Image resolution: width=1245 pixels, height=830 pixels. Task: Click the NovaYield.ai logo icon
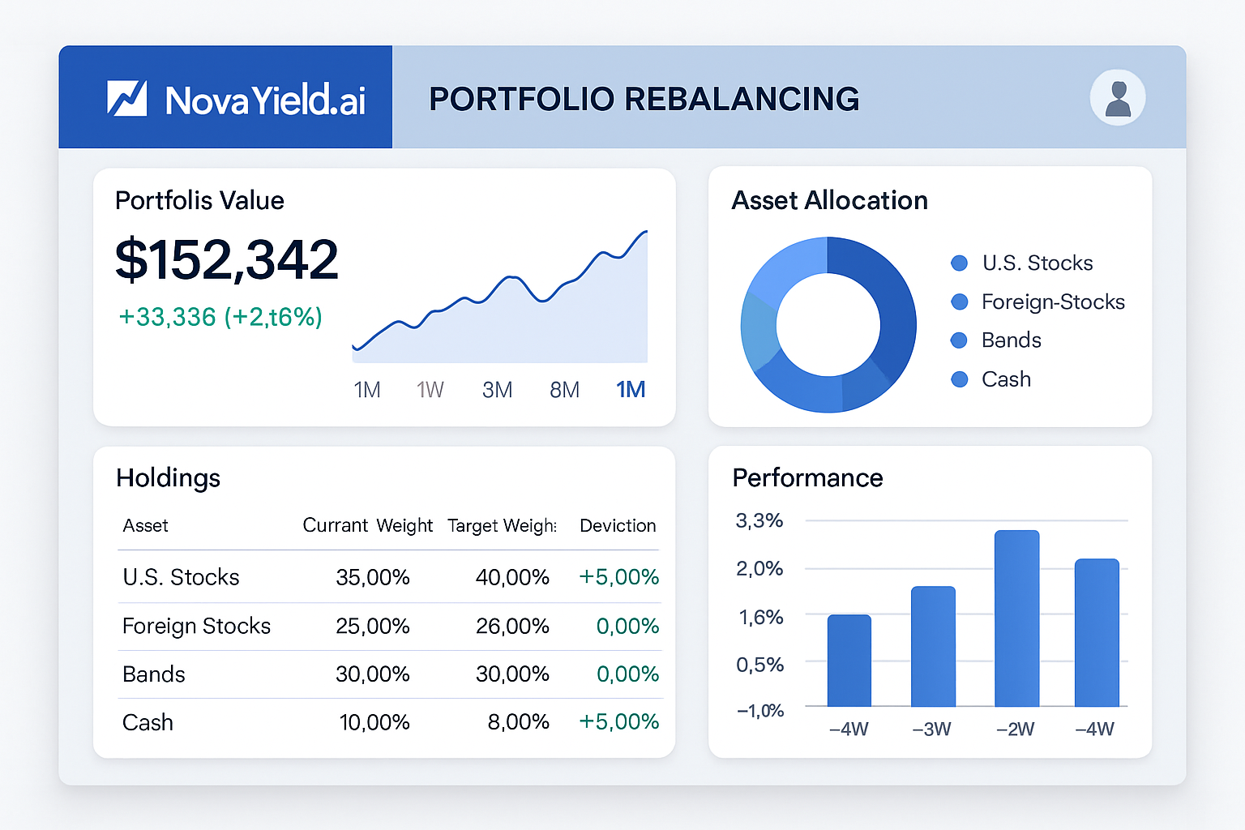[x=127, y=98]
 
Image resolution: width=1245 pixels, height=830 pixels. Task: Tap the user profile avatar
[x=1118, y=98]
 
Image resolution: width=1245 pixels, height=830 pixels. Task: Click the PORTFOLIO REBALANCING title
[x=644, y=99]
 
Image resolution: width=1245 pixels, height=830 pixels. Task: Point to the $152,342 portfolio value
[x=227, y=260]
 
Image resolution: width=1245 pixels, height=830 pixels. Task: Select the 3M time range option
[x=497, y=390]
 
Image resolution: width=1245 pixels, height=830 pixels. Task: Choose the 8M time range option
[x=564, y=390]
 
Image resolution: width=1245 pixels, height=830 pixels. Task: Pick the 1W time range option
[x=430, y=390]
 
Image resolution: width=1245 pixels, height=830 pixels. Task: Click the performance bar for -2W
[x=1016, y=618]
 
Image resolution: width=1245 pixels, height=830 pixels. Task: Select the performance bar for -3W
[x=933, y=646]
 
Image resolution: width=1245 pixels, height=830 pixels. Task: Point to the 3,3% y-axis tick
[x=759, y=520]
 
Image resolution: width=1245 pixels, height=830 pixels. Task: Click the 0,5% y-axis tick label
[x=759, y=665]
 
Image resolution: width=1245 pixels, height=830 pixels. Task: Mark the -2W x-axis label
[x=1015, y=729]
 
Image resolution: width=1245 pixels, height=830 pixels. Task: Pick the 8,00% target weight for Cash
[x=518, y=721]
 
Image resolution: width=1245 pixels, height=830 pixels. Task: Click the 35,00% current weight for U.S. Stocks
[x=373, y=577]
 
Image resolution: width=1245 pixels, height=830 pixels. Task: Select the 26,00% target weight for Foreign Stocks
[x=512, y=626]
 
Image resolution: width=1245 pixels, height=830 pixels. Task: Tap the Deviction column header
[x=618, y=525]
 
